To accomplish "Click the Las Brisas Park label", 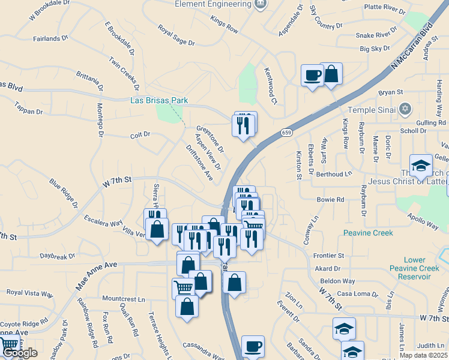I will [x=159, y=100].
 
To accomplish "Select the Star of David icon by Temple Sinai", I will [x=405, y=109].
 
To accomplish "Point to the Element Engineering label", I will [x=212, y=4].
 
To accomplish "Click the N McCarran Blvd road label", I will [x=413, y=47].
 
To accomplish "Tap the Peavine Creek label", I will [x=368, y=233].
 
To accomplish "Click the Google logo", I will [x=19, y=353].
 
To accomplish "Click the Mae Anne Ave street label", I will [x=96, y=275].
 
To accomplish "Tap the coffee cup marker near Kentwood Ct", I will [x=312, y=76].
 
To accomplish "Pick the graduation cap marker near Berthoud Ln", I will [x=421, y=166].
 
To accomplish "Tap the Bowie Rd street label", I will [x=331, y=199].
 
